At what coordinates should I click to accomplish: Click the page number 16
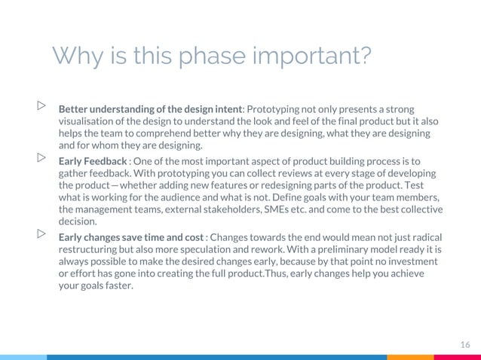(464, 344)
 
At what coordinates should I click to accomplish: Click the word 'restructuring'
(91, 249)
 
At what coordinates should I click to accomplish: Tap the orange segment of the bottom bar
(410, 357)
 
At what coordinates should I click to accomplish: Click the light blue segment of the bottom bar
(23, 357)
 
